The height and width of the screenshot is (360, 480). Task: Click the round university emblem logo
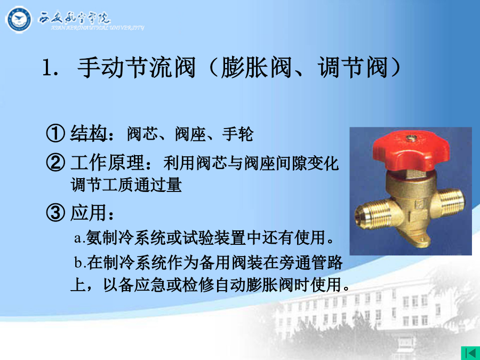(x=18, y=20)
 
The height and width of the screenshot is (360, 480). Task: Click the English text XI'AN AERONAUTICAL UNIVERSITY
(x=98, y=28)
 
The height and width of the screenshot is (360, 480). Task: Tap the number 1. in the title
(x=50, y=68)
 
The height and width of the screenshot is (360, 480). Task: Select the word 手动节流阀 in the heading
(x=136, y=67)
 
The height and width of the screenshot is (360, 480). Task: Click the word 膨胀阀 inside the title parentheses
(x=256, y=67)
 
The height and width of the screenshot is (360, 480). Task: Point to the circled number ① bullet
(x=55, y=133)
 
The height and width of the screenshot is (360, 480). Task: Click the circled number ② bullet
(x=55, y=162)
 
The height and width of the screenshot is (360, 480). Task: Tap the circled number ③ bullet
(x=55, y=212)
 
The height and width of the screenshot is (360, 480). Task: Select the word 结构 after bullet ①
(x=88, y=133)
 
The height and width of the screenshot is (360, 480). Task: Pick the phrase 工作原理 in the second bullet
(x=107, y=163)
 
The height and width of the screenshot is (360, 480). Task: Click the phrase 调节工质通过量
(x=126, y=185)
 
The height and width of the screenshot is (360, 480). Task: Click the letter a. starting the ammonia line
(x=80, y=238)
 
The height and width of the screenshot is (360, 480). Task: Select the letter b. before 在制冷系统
(x=81, y=262)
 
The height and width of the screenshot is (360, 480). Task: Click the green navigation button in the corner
(x=470, y=353)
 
